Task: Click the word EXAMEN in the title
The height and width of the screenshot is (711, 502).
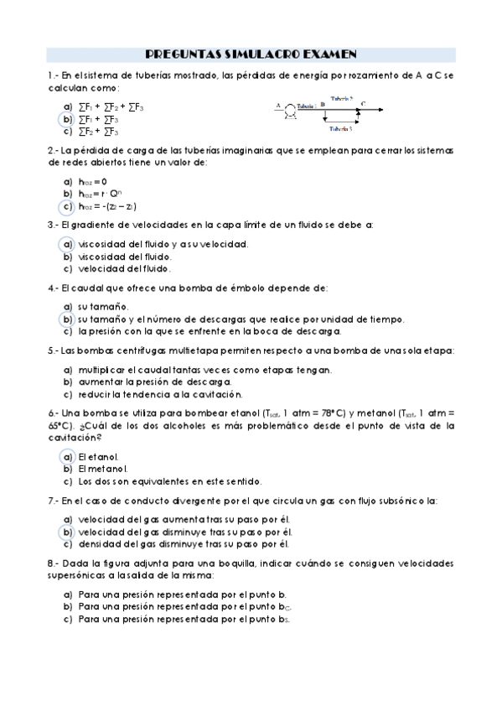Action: pos(328,54)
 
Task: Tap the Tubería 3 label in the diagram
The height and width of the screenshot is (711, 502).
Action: pos(339,129)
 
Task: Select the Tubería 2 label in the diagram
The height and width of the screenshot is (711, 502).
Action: pos(342,98)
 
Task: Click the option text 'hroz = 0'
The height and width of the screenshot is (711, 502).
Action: pos(92,181)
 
